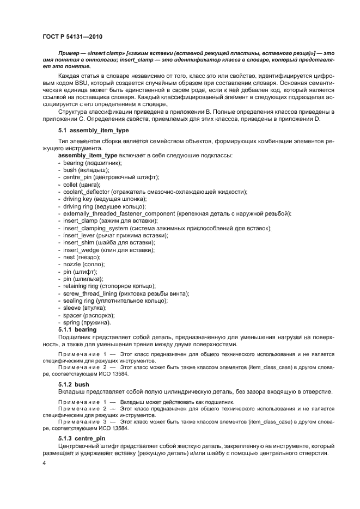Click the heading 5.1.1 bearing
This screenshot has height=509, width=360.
(77, 329)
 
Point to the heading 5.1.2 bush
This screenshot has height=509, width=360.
(74, 384)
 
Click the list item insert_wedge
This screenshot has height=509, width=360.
(108, 249)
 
